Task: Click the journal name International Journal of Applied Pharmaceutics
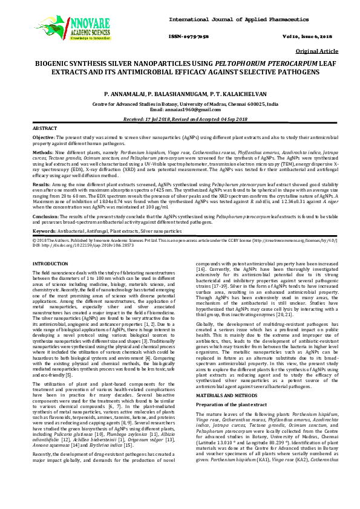tap(248, 6)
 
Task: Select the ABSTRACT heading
tap(45, 129)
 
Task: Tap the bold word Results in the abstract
tap(41, 182)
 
